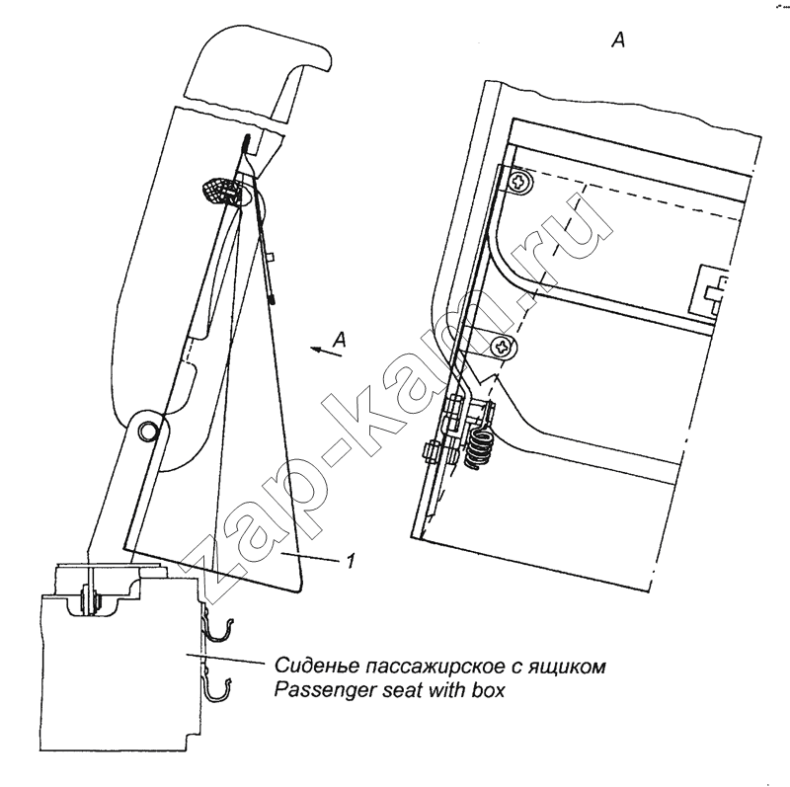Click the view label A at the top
[x=618, y=39]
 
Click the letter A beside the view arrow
[x=340, y=340]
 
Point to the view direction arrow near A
[x=326, y=351]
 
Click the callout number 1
[x=351, y=560]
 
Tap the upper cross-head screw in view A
[x=519, y=181]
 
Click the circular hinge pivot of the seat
[x=148, y=430]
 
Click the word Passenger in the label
[x=326, y=690]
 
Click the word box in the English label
[x=488, y=690]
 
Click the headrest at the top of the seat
[x=256, y=74]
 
